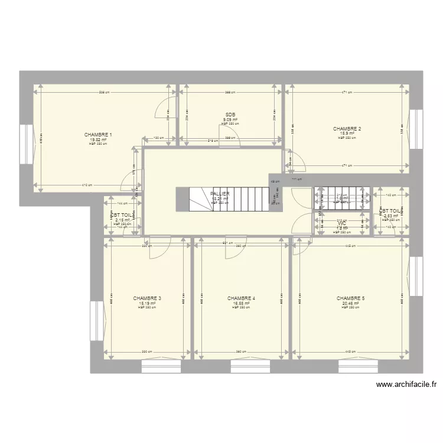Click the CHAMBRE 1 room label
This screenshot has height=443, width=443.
click(98, 135)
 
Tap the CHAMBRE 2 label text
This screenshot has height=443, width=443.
click(347, 128)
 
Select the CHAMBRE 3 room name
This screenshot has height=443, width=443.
click(147, 298)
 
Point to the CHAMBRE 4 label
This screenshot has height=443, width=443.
click(241, 298)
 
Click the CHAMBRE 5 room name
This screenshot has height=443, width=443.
click(350, 298)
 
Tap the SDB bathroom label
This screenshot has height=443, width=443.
click(230, 115)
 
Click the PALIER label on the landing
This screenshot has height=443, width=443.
click(219, 193)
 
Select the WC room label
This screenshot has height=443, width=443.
click(341, 223)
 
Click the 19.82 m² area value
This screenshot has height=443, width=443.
click(98, 139)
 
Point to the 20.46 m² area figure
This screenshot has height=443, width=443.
click(350, 303)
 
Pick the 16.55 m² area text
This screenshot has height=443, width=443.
click(241, 303)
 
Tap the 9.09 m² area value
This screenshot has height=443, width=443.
click(230, 120)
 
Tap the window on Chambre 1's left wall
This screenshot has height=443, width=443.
click(26, 145)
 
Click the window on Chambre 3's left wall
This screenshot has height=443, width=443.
click(96, 321)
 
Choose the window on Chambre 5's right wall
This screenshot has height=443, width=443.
click(414, 277)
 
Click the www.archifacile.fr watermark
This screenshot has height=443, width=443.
click(406, 385)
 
